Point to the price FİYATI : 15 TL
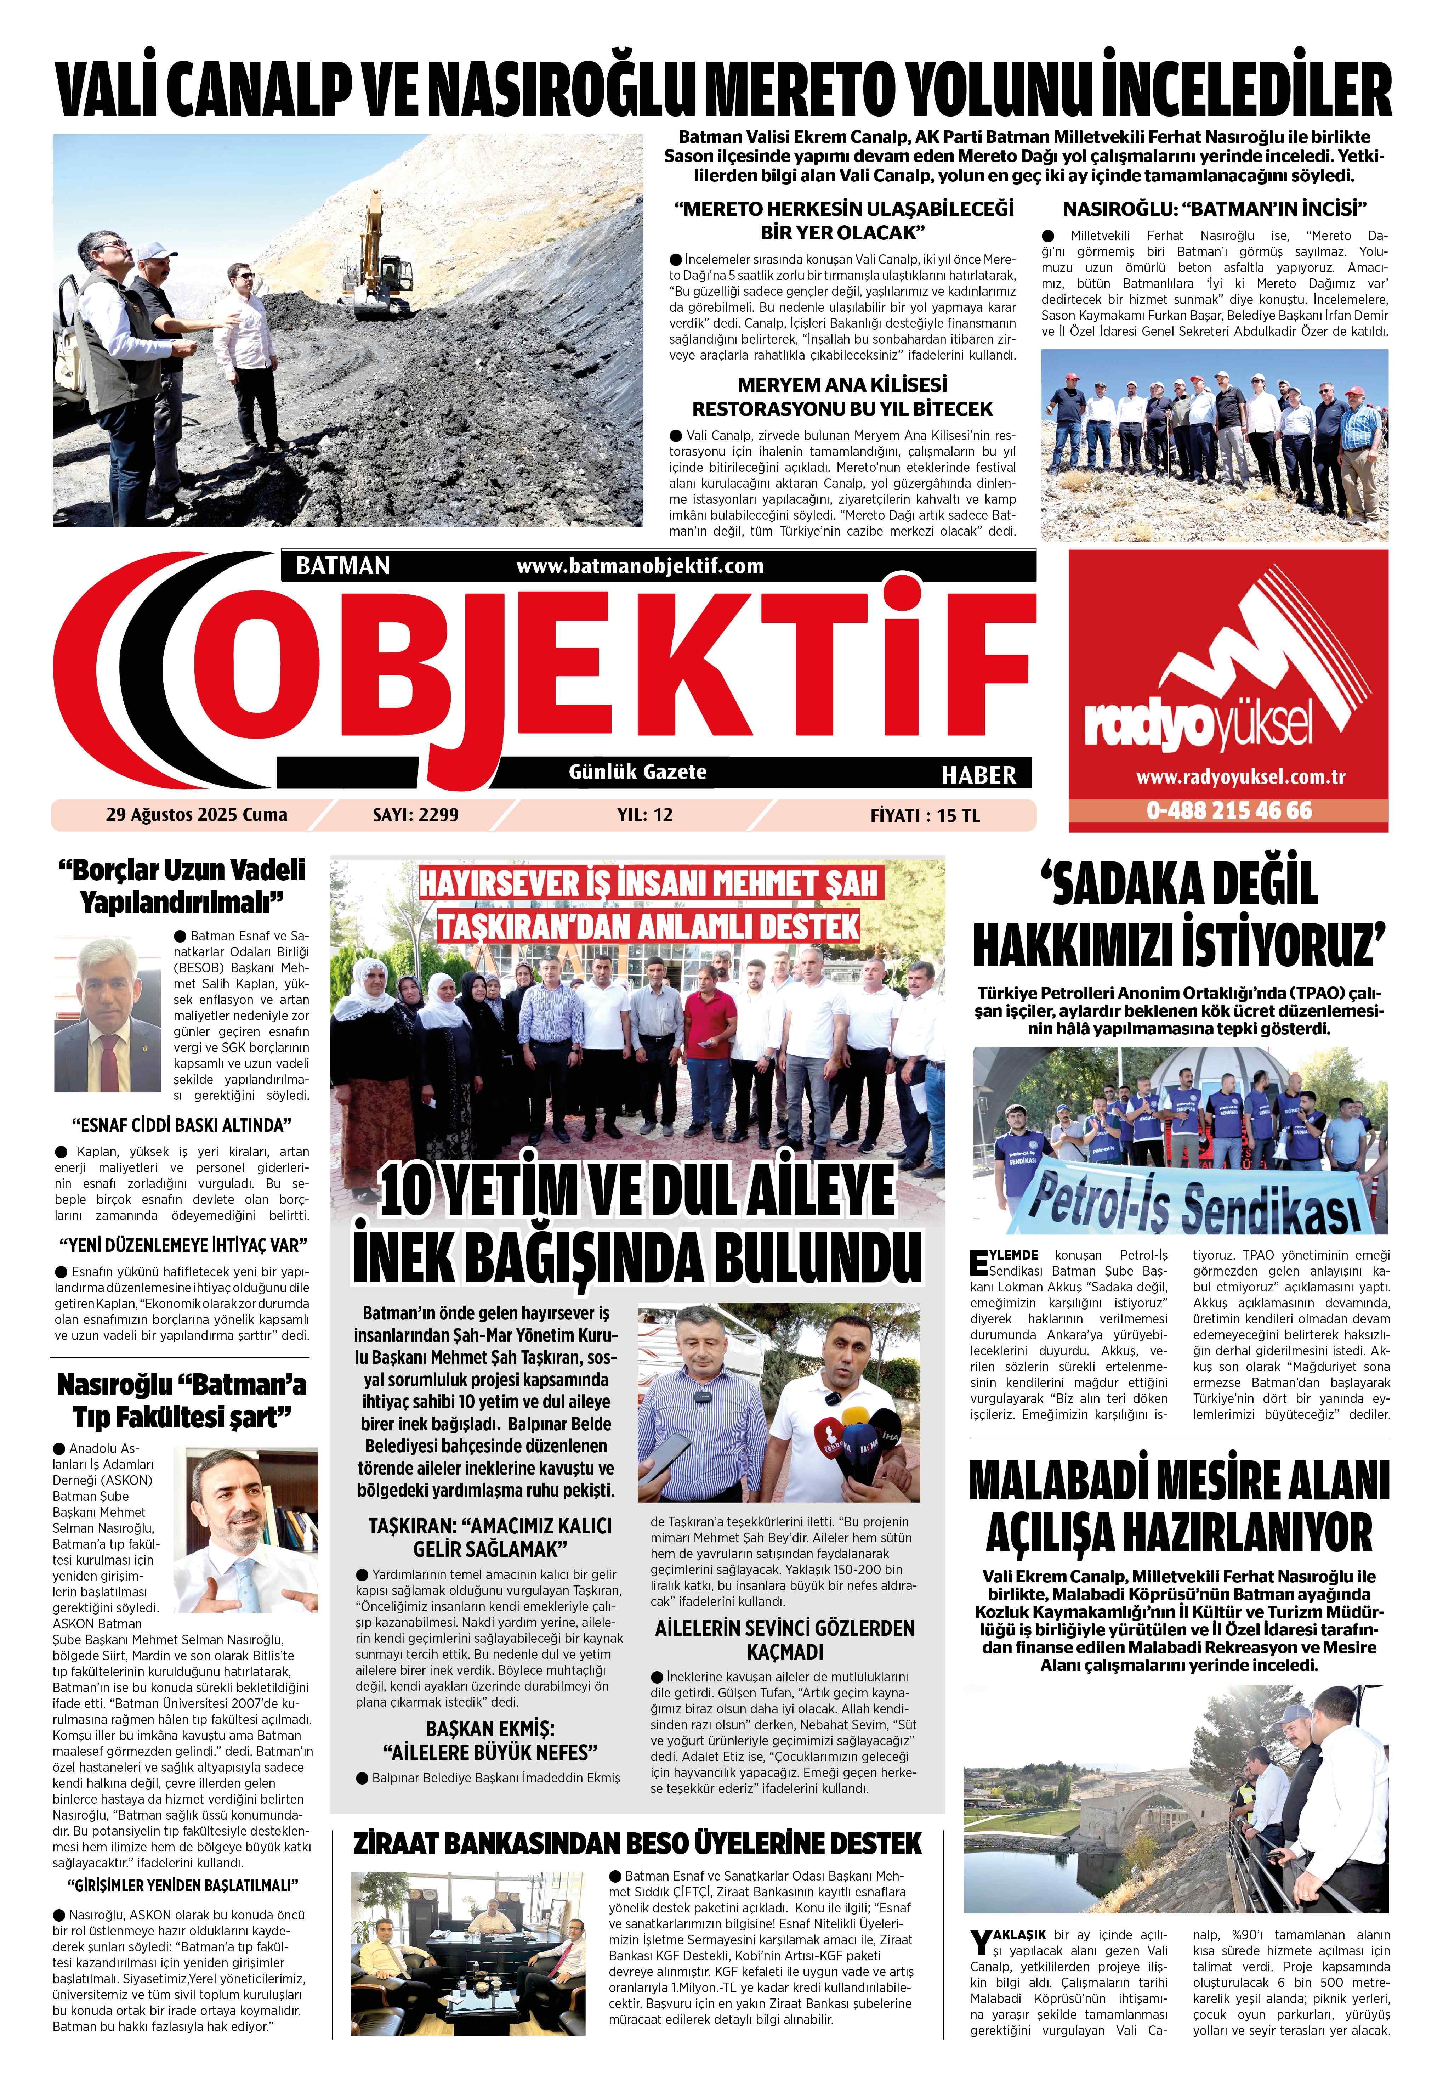(x=924, y=815)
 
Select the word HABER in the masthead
(x=978, y=775)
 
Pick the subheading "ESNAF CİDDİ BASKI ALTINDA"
(x=181, y=1125)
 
